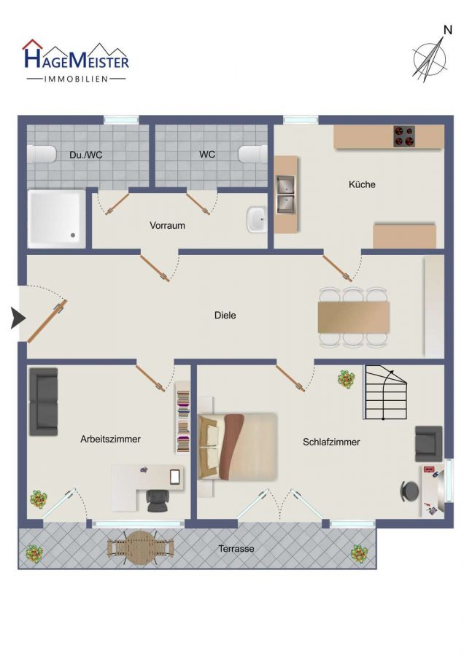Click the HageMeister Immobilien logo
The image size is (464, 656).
point(76,60)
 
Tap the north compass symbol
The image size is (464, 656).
point(431,56)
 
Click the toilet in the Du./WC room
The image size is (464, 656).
point(42,154)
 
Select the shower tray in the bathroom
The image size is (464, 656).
point(56,219)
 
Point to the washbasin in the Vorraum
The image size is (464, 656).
point(257,219)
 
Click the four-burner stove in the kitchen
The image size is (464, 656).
point(404,136)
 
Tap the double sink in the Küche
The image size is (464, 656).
point(285,194)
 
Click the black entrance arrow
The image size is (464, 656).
point(18,318)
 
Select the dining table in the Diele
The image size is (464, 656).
point(354,318)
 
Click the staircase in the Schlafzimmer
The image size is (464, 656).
point(385,392)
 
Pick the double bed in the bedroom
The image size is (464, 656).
point(237,446)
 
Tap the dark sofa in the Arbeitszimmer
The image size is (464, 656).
point(43,402)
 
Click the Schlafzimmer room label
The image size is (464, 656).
point(331,442)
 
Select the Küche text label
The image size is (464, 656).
point(362,184)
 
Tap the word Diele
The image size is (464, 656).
point(225,315)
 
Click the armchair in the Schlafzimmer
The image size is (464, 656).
point(428,444)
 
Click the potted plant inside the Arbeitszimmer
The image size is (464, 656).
point(39,499)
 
